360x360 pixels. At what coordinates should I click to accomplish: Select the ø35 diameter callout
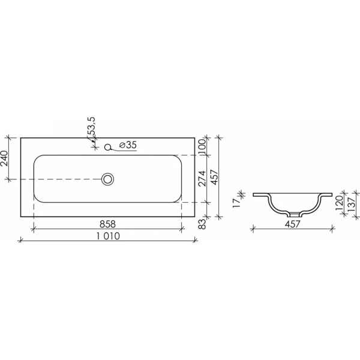(x=128, y=145)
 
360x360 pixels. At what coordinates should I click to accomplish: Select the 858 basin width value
(x=107, y=223)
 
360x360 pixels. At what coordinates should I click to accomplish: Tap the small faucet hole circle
(x=108, y=147)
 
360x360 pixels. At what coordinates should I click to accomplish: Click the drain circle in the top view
(x=108, y=179)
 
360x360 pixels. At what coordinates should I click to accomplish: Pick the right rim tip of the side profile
(x=331, y=194)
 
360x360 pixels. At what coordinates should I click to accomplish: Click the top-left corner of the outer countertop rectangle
(x=21, y=138)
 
